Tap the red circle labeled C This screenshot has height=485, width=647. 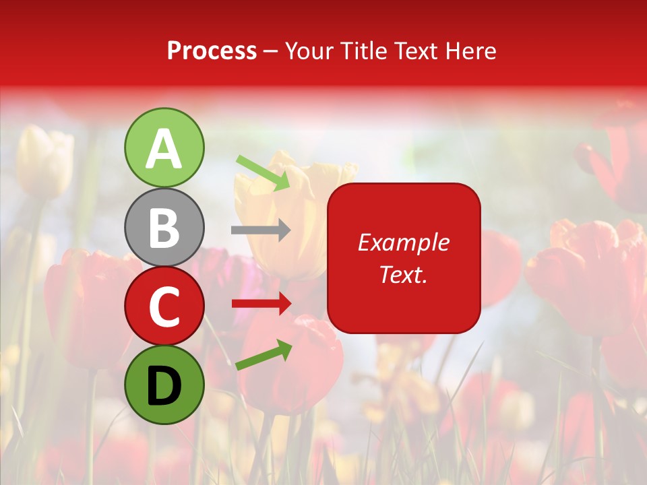pyautogui.click(x=164, y=306)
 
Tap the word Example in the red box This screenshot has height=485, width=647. pyautogui.click(x=404, y=243)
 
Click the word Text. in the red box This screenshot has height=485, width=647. pyautogui.click(x=404, y=274)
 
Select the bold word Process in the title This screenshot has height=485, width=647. pyautogui.click(x=212, y=51)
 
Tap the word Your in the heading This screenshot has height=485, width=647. pyautogui.click(x=309, y=51)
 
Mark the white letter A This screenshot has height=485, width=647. pyautogui.click(x=164, y=149)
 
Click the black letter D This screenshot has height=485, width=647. pyautogui.click(x=164, y=386)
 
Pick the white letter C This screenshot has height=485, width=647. pyautogui.click(x=164, y=307)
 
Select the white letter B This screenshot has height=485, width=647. pyautogui.click(x=164, y=228)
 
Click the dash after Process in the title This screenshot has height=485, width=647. pyautogui.click(x=271, y=52)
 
